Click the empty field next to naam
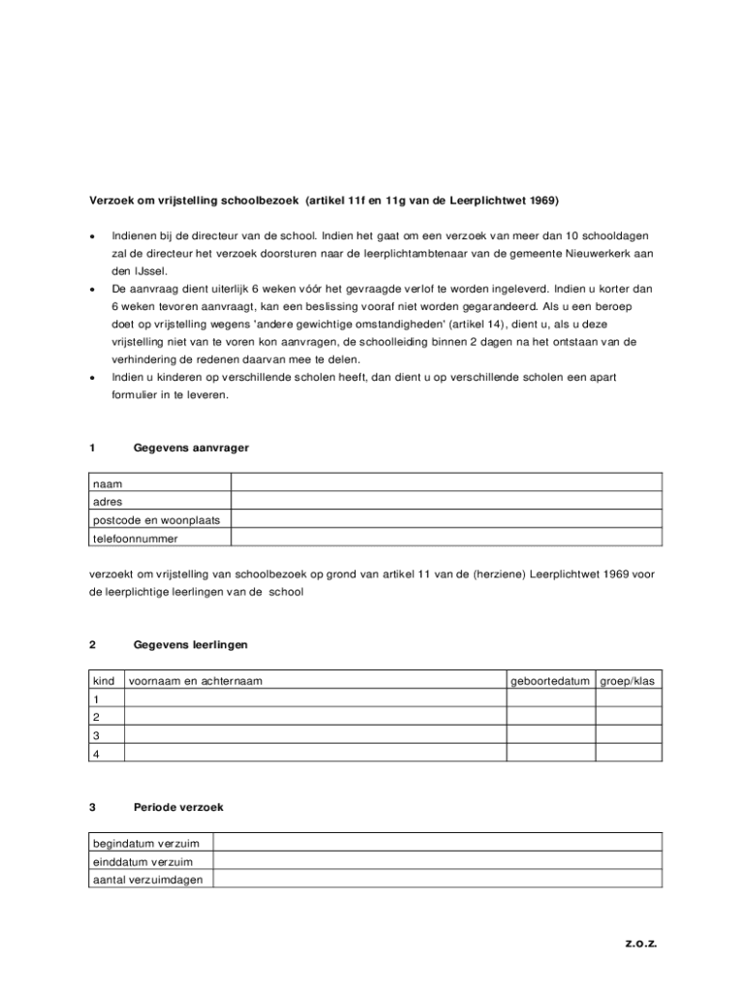pos(446,482)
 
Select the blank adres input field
pos(446,501)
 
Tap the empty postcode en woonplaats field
pos(446,519)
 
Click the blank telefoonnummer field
pos(446,538)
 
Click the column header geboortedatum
pos(550,681)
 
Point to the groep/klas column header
pos(628,681)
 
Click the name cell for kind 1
pos(315,699)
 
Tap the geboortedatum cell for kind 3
pos(550,735)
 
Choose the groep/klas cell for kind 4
pos(628,753)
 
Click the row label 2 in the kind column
pos(96,718)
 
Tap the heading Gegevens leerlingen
pos(191,644)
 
